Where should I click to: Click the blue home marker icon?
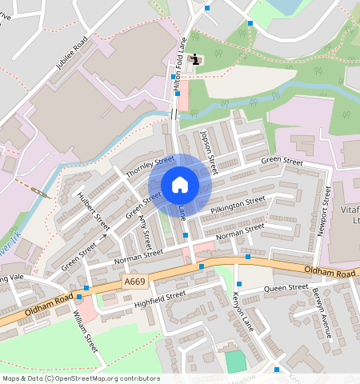point(180,185)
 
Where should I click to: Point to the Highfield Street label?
point(160,298)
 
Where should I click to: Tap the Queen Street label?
point(286,288)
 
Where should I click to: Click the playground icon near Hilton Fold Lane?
point(197,59)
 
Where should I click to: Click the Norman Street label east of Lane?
point(239,232)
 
